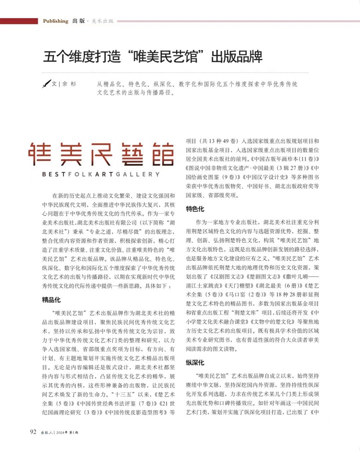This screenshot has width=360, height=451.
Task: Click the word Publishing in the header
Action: click(55, 21)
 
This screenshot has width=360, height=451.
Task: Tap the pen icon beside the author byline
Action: click(45, 84)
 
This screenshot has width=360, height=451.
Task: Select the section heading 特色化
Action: click(195, 209)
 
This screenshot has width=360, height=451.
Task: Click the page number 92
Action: click(33, 432)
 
